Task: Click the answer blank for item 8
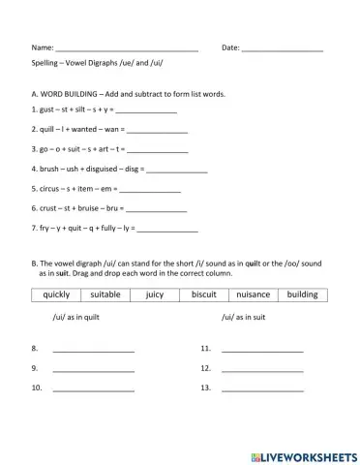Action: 93,349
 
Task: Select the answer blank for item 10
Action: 93,389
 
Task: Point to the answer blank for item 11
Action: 262,349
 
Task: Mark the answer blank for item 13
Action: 262,389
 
